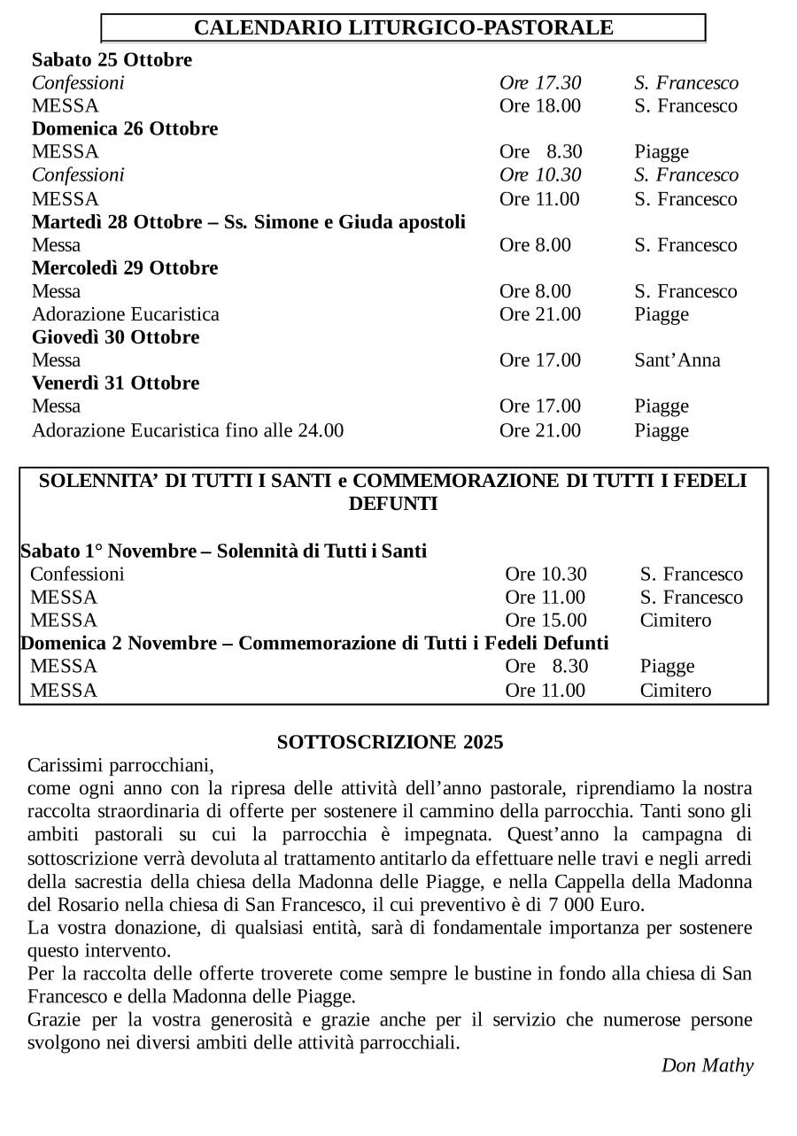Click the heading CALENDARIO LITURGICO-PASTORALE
pyautogui.click(x=403, y=27)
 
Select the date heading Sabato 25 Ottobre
pyautogui.click(x=112, y=60)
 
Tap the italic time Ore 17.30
pyautogui.click(x=540, y=83)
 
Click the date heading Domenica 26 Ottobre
pyautogui.click(x=125, y=129)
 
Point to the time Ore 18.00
pyautogui.click(x=540, y=106)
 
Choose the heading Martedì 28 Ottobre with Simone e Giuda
pyautogui.click(x=248, y=221)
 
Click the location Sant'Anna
pyautogui.click(x=677, y=360)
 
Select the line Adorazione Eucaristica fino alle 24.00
pyautogui.click(x=188, y=431)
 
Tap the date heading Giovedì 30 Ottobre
pyautogui.click(x=115, y=337)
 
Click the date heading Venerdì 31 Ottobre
pyautogui.click(x=115, y=383)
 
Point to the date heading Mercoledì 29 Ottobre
pyautogui.click(x=125, y=268)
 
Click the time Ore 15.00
pyautogui.click(x=546, y=621)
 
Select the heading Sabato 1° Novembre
pyautogui.click(x=223, y=552)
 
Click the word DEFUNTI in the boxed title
pyautogui.click(x=393, y=505)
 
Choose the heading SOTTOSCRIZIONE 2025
pyautogui.click(x=390, y=742)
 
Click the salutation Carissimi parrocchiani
pyautogui.click(x=120, y=764)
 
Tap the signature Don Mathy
pyautogui.click(x=707, y=1065)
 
